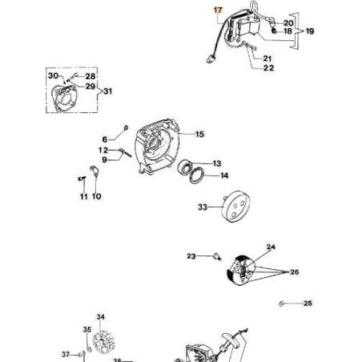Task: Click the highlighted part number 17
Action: [218, 10]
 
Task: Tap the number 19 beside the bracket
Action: [310, 31]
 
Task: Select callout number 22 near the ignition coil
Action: [268, 68]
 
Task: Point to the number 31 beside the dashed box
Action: [107, 91]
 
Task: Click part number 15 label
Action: [199, 135]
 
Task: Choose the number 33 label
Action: [203, 207]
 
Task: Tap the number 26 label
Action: [294, 272]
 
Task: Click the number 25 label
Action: [308, 304]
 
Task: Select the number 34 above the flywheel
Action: [100, 317]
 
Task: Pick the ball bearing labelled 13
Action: [184, 166]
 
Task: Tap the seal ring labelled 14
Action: [197, 175]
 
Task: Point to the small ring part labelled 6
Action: [126, 128]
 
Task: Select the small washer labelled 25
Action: [281, 304]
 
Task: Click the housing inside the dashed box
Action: [65, 98]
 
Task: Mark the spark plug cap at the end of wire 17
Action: [211, 58]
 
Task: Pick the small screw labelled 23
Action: [217, 257]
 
